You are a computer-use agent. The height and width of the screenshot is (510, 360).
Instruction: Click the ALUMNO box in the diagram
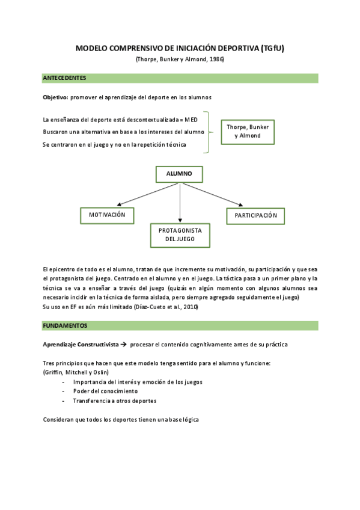[179, 174]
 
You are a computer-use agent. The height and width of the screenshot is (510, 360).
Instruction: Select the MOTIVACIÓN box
[107, 215]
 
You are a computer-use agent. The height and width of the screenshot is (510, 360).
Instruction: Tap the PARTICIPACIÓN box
[255, 215]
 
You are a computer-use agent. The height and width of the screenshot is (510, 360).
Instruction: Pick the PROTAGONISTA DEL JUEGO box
[180, 235]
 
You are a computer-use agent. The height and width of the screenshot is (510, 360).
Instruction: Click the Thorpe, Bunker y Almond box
[248, 131]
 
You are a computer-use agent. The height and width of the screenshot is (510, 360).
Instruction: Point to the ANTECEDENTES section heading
[64, 78]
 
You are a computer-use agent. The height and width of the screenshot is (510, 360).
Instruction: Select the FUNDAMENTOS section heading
[65, 325]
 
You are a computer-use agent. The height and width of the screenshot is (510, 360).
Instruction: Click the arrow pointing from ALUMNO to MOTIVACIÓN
[147, 195]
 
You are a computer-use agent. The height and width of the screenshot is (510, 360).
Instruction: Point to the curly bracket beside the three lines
[208, 132]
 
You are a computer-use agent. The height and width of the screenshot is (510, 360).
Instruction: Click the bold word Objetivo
[55, 97]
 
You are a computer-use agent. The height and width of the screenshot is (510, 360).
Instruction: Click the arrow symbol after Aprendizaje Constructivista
[121, 345]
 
